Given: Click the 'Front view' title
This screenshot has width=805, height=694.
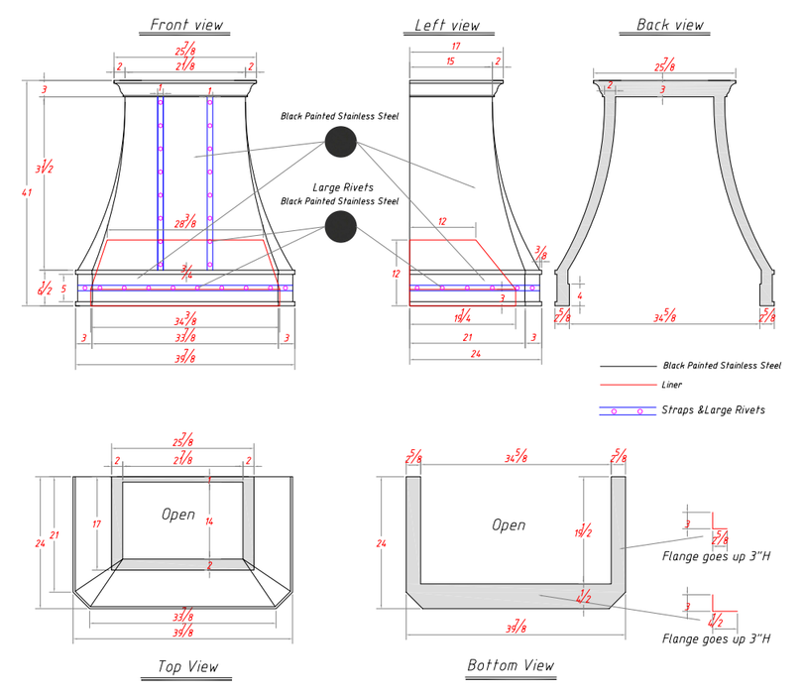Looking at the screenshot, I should click(x=186, y=24).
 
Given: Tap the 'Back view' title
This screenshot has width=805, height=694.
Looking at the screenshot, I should click(x=669, y=24).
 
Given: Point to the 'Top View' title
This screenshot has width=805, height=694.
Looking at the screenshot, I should click(x=188, y=666).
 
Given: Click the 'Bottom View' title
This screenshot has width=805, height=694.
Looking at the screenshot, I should click(x=510, y=665).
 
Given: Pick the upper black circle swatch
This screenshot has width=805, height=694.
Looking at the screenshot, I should click(x=340, y=143).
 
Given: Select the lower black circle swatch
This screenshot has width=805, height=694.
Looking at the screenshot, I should click(x=340, y=227).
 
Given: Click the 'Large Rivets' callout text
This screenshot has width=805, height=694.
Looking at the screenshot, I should click(x=340, y=187).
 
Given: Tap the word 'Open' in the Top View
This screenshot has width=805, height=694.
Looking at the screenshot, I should click(x=178, y=515).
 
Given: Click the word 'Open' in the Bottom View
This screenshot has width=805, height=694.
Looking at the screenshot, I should click(x=509, y=524).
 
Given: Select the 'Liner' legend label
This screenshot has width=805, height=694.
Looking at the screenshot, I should click(x=671, y=385).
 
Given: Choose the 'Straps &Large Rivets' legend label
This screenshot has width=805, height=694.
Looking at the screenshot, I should click(x=713, y=409).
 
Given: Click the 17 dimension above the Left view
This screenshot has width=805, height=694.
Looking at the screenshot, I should click(x=455, y=46).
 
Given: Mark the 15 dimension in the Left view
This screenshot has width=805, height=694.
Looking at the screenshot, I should click(x=451, y=60).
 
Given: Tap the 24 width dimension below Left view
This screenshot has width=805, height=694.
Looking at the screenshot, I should click(x=475, y=353).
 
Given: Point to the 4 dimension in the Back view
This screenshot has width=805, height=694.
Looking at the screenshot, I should click(x=580, y=293).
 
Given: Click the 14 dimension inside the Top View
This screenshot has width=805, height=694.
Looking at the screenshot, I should click(x=209, y=520).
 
